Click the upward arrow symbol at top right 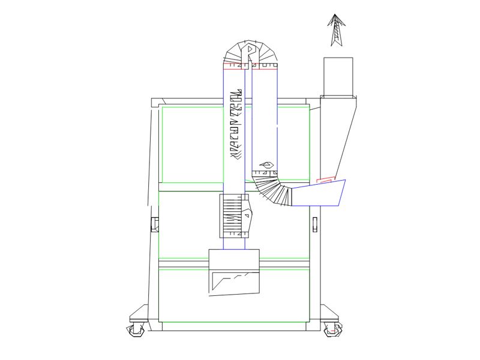pyautogui.click(x=337, y=30)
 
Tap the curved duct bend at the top pyautogui.click(x=251, y=52)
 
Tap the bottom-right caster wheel pyautogui.click(x=332, y=329)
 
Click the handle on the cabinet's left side pyautogui.click(x=154, y=223)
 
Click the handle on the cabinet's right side pyautogui.click(x=314, y=223)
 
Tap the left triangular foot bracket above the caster pyautogui.click(x=140, y=313)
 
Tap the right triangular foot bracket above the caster pyautogui.click(x=328, y=313)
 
